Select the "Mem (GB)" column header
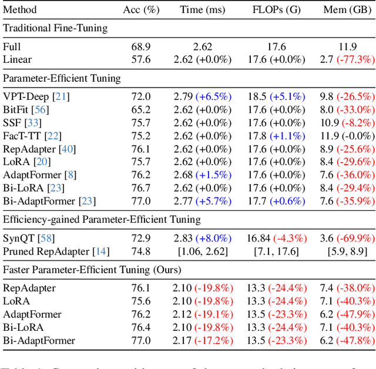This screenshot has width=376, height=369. (x=348, y=10)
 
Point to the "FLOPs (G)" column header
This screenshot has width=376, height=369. (x=278, y=10)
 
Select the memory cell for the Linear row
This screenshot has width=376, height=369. (x=348, y=59)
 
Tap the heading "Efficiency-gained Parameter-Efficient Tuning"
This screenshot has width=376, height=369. (x=102, y=219)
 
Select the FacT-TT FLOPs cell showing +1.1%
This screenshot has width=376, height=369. (x=278, y=136)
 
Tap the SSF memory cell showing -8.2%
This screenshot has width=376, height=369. (x=348, y=122)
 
